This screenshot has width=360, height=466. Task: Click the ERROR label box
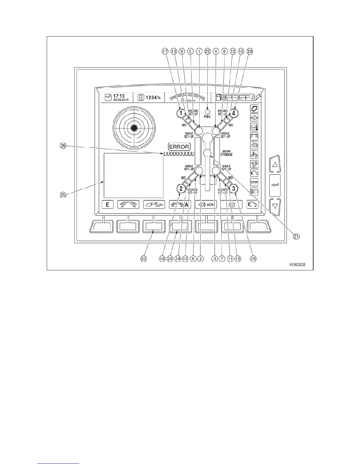179,147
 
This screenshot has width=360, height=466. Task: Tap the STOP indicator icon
254,182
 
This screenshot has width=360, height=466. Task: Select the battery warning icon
254,136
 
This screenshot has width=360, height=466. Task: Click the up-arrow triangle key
275,164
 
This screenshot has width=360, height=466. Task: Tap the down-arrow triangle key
275,206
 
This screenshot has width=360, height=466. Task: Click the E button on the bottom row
108,204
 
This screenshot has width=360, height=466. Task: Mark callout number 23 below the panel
144,259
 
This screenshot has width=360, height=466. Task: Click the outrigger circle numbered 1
181,112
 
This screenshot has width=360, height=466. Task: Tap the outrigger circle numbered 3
233,188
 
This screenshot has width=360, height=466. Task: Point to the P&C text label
207,117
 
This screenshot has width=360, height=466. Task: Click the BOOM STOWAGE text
226,153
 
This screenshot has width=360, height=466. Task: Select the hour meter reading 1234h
153,98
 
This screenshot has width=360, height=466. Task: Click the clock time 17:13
119,96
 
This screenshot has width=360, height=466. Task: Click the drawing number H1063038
297,265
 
